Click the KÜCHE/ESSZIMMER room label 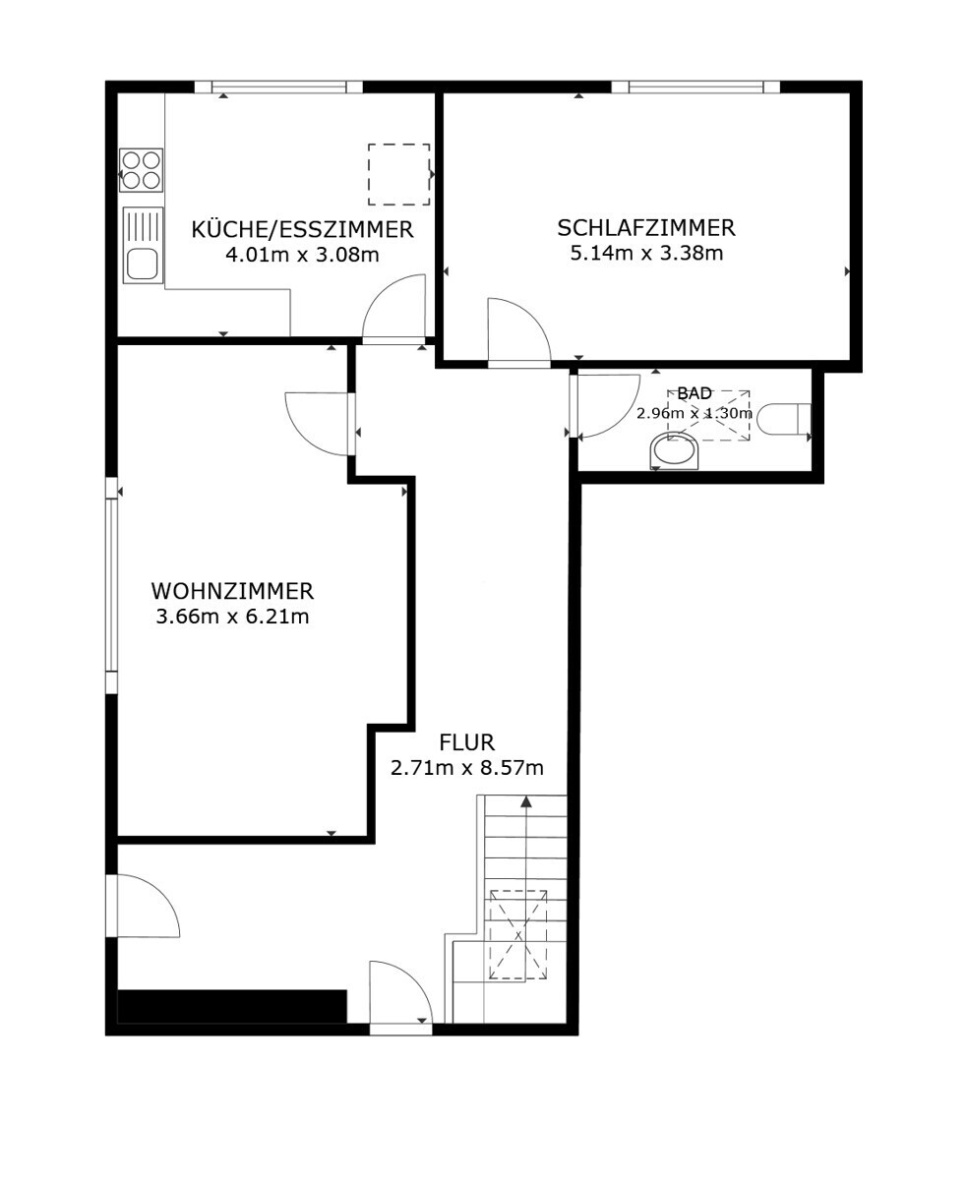point(302,229)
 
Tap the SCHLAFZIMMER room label point(646,228)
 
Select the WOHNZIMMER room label point(232,591)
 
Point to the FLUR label point(466,742)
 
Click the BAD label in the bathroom point(695,393)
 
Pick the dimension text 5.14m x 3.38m point(646,253)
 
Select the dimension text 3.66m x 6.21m point(232,617)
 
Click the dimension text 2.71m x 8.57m point(466,768)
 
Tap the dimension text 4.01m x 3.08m point(302,255)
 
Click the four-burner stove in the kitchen point(141,170)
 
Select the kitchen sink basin point(142,265)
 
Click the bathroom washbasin point(675,450)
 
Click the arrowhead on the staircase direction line point(526,801)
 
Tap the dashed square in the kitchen point(399,175)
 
